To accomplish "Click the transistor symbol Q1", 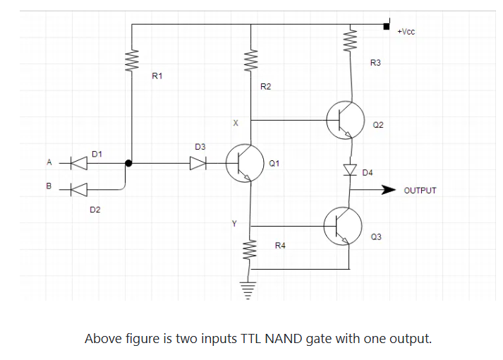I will click(x=244, y=162).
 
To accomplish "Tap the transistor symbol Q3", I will click(x=342, y=225).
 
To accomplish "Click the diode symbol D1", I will click(x=79, y=163).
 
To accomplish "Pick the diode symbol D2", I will click(x=79, y=189).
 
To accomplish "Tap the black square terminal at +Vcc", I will click(x=386, y=26).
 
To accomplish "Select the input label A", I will click(x=49, y=162).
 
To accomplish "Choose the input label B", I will click(x=49, y=186).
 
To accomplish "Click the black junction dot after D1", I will click(x=128, y=163).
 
